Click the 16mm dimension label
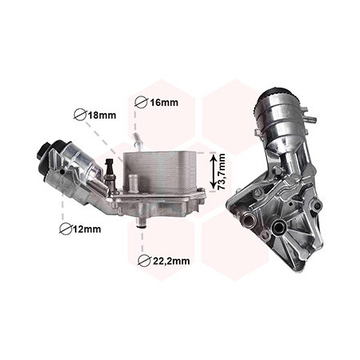point(164,102)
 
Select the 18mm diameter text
point(102,115)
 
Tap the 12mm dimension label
point(87,229)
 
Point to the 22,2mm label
point(171,261)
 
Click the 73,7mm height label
point(221,171)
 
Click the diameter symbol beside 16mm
point(141,102)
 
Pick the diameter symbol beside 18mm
point(80,115)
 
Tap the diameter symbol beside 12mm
point(65,229)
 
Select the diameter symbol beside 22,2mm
point(144,260)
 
